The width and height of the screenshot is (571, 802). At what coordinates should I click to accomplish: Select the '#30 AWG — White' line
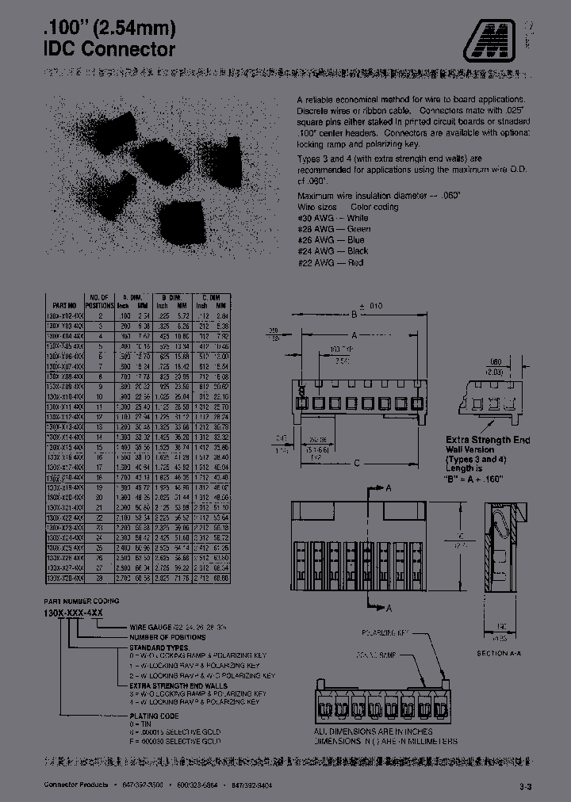(332, 218)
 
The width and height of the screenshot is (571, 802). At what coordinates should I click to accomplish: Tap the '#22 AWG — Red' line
(330, 262)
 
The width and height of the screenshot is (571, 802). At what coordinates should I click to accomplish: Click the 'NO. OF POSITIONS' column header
(100, 300)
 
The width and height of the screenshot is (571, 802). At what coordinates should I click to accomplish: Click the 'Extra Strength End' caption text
(488, 440)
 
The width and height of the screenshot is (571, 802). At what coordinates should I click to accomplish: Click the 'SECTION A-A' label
(497, 653)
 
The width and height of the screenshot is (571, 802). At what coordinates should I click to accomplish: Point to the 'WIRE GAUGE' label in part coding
(152, 626)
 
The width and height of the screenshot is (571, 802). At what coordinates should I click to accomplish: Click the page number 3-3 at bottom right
(526, 787)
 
